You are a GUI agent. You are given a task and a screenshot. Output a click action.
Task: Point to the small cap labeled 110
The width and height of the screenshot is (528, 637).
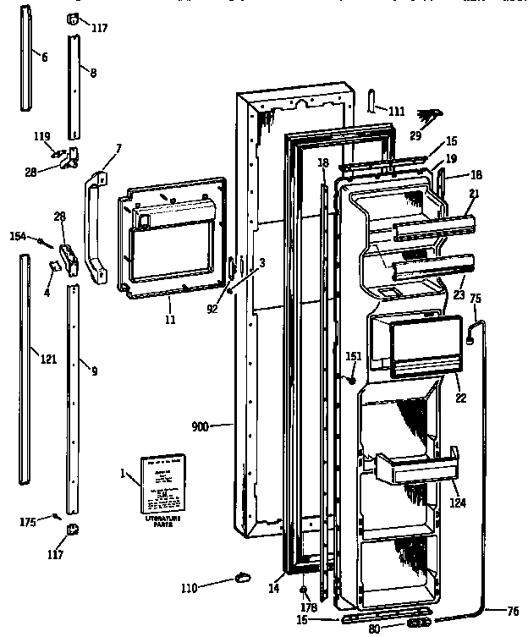243,576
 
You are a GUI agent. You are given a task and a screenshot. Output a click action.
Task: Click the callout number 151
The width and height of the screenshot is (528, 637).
353,356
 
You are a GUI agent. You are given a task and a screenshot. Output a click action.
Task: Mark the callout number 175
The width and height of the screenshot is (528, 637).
27,522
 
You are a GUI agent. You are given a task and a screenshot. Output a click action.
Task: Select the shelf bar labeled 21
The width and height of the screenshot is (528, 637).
432,226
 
